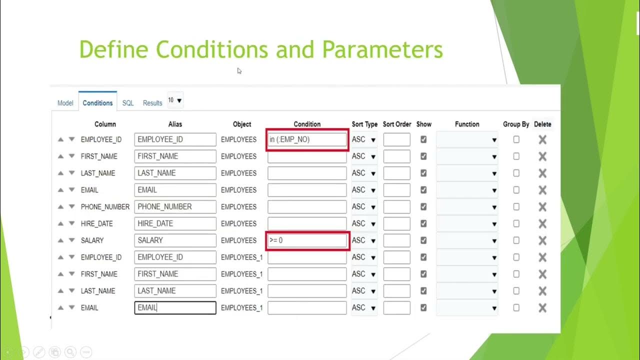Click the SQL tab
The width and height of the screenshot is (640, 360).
point(128,103)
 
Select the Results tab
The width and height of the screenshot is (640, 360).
point(152,103)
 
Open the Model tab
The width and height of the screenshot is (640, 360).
point(65,103)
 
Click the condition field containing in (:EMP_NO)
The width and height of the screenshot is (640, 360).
point(307,139)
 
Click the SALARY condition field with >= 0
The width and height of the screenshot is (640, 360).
point(307,240)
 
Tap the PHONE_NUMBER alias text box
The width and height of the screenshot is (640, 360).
point(175,206)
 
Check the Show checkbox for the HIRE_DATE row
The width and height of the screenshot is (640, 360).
point(423,223)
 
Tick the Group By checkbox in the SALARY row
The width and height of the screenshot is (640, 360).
point(516,240)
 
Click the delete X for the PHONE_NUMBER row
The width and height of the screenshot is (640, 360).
point(542,207)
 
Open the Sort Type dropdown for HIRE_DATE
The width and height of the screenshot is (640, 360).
point(364,223)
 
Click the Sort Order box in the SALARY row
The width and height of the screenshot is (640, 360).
point(396,240)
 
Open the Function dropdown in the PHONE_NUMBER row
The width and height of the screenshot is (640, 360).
point(467,207)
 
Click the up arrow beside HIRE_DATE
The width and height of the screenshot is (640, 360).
point(60,223)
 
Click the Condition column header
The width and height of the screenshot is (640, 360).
point(307,124)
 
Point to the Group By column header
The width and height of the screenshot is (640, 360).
point(516,124)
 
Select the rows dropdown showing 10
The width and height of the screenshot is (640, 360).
point(175,100)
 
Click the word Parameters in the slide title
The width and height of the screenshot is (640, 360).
point(382,50)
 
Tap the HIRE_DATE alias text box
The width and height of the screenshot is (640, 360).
point(175,223)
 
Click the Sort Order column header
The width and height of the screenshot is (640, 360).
point(397,124)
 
